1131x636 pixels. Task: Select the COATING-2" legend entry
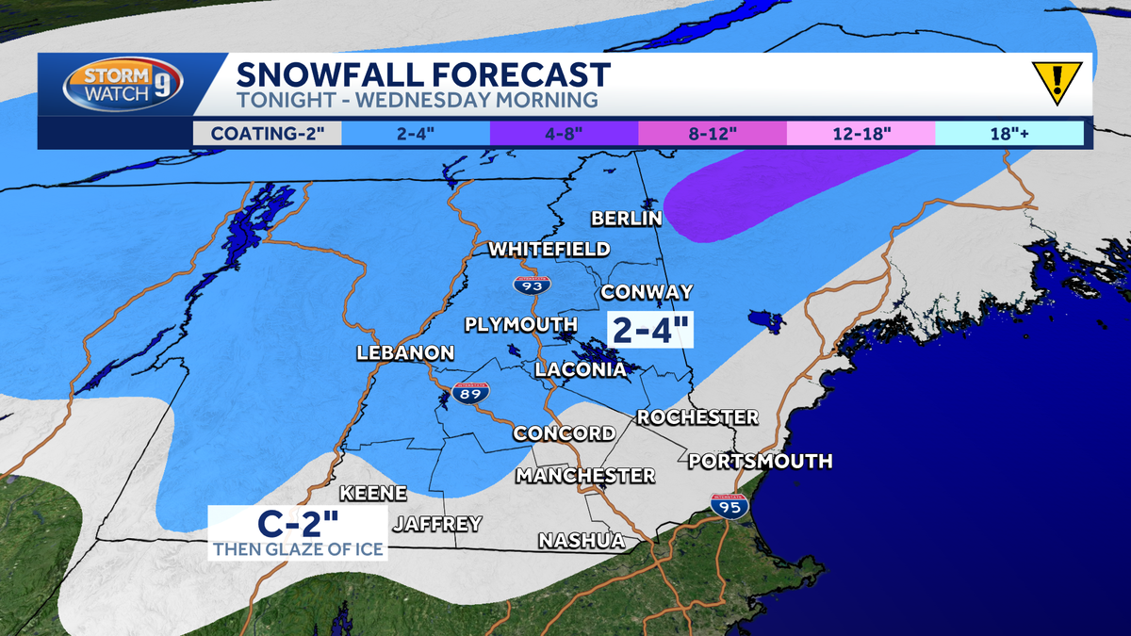pos(268,134)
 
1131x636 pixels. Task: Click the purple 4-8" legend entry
pos(564,134)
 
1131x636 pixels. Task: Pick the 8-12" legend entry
pos(713,134)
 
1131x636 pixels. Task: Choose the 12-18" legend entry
pos(861,134)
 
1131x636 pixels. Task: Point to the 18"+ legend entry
pos(1008,134)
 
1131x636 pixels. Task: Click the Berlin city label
pos(627,219)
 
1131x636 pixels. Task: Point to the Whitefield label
pos(549,250)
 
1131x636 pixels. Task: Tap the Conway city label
pos(647,292)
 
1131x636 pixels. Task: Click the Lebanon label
pos(405,353)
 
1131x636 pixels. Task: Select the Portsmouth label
pos(760,461)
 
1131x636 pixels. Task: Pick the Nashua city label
pos(582,541)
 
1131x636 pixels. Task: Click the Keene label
pos(372,494)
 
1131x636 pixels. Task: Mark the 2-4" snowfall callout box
pos(650,331)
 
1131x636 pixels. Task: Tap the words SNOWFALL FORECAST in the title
pos(422,73)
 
